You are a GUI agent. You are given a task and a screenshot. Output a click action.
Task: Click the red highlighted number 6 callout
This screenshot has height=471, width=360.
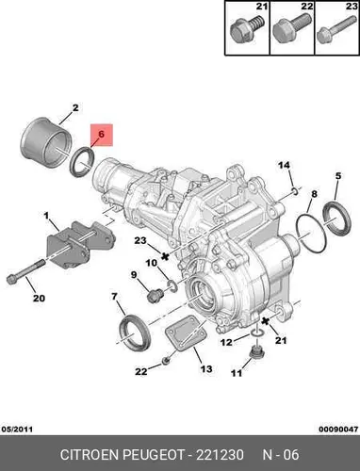101,135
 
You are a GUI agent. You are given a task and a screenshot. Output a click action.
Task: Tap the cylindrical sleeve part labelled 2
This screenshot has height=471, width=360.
45,141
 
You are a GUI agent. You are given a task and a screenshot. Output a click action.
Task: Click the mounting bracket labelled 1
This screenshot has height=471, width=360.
80,244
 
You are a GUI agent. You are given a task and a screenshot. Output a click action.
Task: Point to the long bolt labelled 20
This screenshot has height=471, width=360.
25,271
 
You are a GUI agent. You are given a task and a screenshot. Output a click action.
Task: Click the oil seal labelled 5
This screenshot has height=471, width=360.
336,219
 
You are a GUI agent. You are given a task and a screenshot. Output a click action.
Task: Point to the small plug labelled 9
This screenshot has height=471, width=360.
155,296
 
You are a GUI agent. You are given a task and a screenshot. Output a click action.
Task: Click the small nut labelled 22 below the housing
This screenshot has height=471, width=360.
166,361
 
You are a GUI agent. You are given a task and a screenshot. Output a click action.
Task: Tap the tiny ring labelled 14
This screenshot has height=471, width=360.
295,190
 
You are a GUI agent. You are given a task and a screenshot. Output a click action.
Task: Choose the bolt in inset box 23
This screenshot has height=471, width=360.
336,30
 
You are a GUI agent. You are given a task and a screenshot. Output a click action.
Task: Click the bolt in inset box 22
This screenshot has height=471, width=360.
289,28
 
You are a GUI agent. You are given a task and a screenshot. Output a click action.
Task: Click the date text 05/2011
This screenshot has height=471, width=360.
17,429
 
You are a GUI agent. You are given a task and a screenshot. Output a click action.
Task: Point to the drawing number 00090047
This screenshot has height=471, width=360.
338,429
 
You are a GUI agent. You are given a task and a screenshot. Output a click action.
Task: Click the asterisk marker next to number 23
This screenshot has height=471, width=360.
165,256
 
